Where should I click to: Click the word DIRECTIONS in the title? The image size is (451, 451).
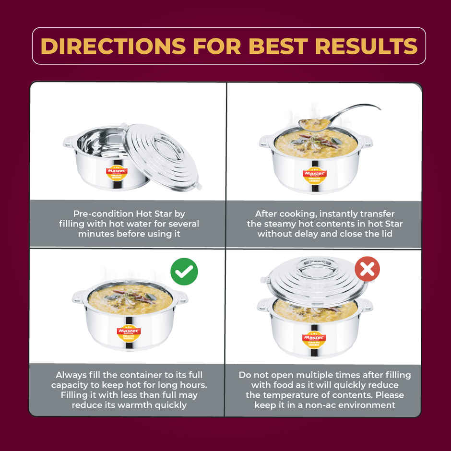click(113, 46)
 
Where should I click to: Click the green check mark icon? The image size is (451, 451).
click(184, 272)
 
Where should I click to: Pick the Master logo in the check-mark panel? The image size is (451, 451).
click(129, 332)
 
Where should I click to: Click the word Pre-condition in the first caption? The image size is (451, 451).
click(103, 214)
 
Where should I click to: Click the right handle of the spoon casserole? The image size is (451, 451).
click(367, 141)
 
